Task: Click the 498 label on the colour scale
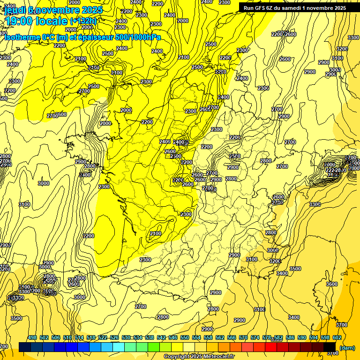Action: coord(32,337)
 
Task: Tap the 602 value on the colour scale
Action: coord(337,337)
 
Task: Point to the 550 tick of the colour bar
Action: coord(185,337)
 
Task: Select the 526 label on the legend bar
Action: coord(114,337)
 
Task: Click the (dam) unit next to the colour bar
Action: coord(347,348)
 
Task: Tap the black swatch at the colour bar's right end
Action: coord(330,347)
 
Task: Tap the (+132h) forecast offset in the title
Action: coord(83,21)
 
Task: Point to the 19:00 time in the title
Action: coord(20,21)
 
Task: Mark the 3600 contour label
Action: coord(332,284)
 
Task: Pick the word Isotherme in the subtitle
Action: coord(22,37)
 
